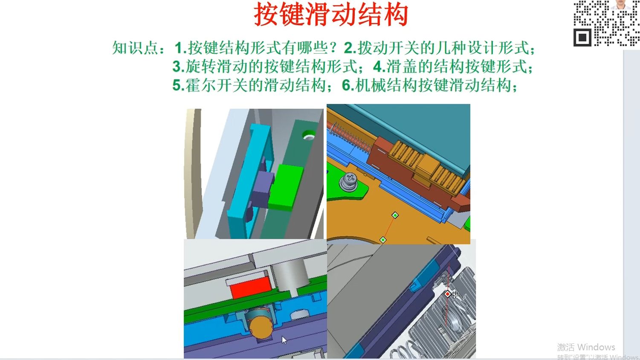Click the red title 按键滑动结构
tap(331, 15)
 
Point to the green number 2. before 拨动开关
tap(350, 48)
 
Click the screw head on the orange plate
tap(349, 181)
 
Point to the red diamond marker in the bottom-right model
tap(447, 294)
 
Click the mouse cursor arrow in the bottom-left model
tap(284, 340)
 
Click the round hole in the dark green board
tap(308, 136)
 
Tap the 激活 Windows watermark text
tap(586, 347)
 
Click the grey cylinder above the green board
tap(291, 273)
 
